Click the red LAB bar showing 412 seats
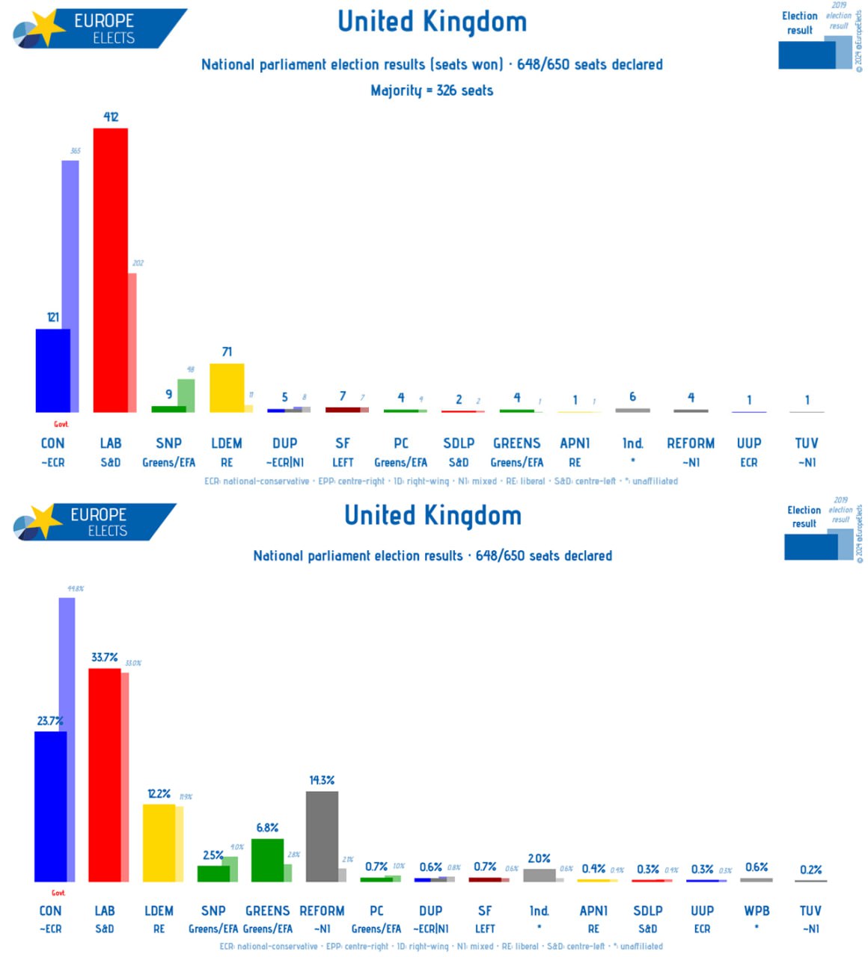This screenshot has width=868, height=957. [110, 270]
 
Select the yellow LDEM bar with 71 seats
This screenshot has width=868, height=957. [227, 388]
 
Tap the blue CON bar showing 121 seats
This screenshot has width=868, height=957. [53, 370]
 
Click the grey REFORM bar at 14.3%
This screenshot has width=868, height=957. [322, 837]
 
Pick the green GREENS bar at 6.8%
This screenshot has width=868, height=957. [267, 860]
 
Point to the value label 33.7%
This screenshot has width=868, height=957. [105, 657]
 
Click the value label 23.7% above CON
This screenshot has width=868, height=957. [50, 721]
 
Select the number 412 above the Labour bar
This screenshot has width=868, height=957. [111, 117]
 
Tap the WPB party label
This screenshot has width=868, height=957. [757, 911]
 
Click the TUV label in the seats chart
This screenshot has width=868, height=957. [807, 443]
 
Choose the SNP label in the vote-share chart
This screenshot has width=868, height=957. [213, 911]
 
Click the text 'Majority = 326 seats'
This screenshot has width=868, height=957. [432, 90]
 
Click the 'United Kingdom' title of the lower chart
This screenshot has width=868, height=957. [433, 515]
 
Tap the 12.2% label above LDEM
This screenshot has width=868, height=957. [159, 793]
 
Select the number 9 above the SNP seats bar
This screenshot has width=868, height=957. [169, 394]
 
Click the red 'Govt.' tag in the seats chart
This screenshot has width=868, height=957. [61, 424]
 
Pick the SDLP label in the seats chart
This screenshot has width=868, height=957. [459, 443]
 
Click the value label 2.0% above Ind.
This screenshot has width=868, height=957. [539, 858]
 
